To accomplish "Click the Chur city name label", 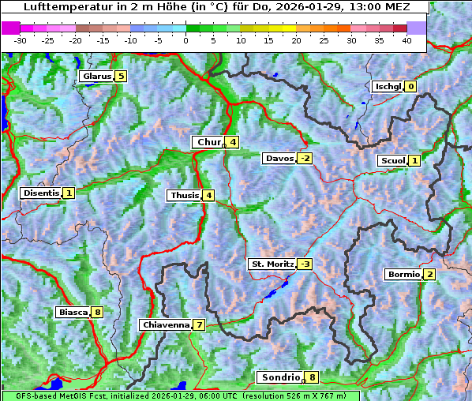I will (209, 142).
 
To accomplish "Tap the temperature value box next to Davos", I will (305, 159).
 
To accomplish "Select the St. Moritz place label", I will (272, 264).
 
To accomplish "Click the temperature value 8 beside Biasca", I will (97, 313).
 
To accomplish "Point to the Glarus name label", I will (96, 77).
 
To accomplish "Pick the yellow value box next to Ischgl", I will (410, 87).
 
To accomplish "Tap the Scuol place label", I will (392, 161).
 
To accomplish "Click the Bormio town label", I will (403, 275).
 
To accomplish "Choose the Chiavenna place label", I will (166, 324).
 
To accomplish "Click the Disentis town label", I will (41, 193).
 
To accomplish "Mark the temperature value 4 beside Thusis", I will (208, 195).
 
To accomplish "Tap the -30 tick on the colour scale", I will (21, 39).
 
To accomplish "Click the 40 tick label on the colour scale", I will (406, 39).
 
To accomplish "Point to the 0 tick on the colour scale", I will (186, 39).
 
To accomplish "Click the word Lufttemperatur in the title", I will (58, 7).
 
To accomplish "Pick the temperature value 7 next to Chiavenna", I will (200, 325).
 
